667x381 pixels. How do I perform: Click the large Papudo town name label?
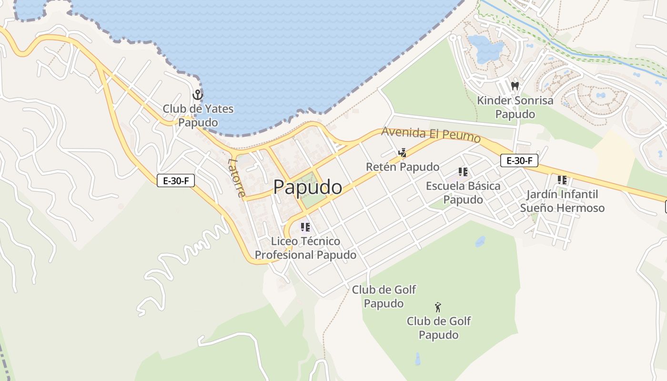pos(307,187)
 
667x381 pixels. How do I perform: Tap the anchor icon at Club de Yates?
pos(198,95)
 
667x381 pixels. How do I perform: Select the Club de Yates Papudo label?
pos(198,116)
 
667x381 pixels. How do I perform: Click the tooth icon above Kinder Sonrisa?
pos(515,86)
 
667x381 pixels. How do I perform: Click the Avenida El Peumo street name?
pos(431,134)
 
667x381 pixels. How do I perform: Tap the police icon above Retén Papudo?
pos(403,153)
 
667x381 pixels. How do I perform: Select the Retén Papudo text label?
pos(403,167)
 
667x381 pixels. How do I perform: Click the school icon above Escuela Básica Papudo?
pos(463,172)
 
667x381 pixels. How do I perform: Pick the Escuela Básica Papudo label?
pos(463,192)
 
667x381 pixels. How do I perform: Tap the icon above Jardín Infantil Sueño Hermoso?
pos(562,180)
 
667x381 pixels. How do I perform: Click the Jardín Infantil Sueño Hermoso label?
pos(562,201)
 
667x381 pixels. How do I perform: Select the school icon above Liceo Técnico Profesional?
pos(305,227)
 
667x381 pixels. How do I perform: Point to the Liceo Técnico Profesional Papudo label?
pos(305,248)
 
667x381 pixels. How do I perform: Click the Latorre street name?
pos(237,177)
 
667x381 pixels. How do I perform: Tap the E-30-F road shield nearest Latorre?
pos(176,181)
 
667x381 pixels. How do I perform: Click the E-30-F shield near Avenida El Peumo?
pos(519,161)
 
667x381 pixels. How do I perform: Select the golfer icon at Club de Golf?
pos(438,307)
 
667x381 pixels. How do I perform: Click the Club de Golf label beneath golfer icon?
pos(438,328)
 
